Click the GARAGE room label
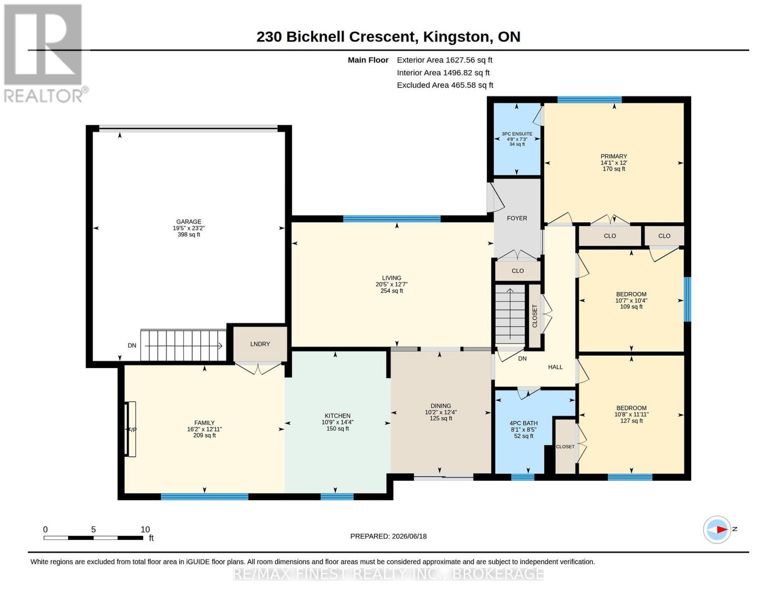pos(189,221)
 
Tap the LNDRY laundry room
pos(260,344)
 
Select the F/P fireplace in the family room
pos(131,429)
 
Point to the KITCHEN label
pos(337,416)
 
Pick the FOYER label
pos(517,218)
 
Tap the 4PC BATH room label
pos(523,423)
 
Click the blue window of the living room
pos(392,219)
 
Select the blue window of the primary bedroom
pos(589,100)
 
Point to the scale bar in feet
pos(94,537)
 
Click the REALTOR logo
pos(45,54)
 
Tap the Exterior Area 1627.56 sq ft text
pos(444,60)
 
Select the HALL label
pos(555,367)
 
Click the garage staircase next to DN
pos(183,346)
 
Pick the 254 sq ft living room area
pos(392,290)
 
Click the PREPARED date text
pos(388,536)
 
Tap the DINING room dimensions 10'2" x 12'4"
pos(440,412)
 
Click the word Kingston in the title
pos(456,37)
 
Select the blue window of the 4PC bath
pos(522,477)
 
